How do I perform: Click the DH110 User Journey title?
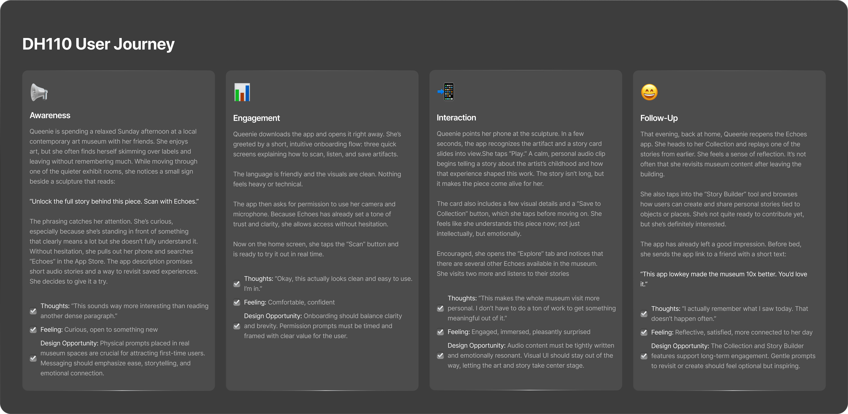coord(98,44)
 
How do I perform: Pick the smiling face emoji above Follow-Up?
coord(649,92)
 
